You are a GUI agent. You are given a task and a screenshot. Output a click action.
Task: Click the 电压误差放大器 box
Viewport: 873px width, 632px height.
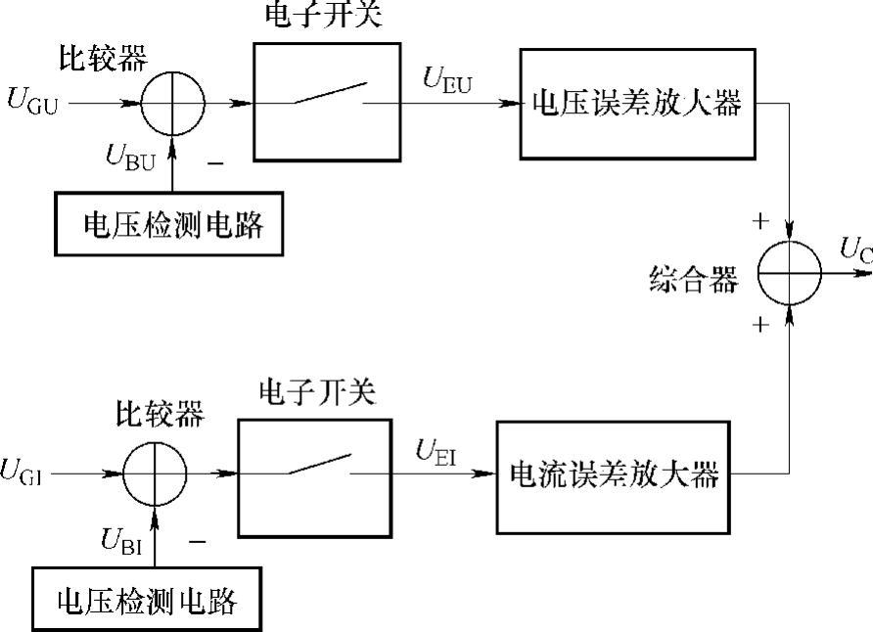[x=639, y=103]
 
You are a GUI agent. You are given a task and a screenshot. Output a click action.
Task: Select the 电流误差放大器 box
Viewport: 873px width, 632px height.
[x=615, y=476]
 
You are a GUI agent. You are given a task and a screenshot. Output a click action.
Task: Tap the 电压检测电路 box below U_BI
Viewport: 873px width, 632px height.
[x=147, y=599]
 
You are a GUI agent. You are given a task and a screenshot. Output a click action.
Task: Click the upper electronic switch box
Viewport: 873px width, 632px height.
[x=326, y=101]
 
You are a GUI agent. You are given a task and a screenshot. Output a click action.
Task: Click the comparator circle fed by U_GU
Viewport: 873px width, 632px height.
[x=171, y=103]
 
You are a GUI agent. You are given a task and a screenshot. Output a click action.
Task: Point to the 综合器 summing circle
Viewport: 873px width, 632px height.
[x=790, y=274]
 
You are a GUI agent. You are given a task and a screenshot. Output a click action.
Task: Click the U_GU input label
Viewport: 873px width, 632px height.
[x=32, y=102]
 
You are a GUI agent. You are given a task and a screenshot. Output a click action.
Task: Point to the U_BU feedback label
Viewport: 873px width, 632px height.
[x=128, y=158]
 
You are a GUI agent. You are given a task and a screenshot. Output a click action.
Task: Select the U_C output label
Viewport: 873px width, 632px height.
[x=854, y=252]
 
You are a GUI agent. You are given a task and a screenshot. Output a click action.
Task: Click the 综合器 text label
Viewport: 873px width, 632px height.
[x=693, y=281]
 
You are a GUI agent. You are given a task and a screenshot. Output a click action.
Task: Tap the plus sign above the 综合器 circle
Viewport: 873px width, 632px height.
[x=759, y=221]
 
